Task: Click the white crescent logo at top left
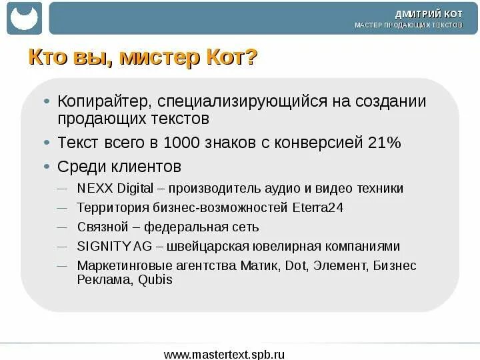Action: coord(24,19)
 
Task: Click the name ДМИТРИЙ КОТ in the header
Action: coord(428,13)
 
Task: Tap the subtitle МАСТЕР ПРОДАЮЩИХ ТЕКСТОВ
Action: coord(408,25)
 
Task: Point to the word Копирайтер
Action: coord(107,101)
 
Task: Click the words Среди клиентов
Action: coord(119,166)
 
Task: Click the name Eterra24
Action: coord(318,207)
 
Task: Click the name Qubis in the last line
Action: coord(155,280)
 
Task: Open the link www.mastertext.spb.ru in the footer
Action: coord(224,353)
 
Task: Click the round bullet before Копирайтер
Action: coord(46,102)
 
